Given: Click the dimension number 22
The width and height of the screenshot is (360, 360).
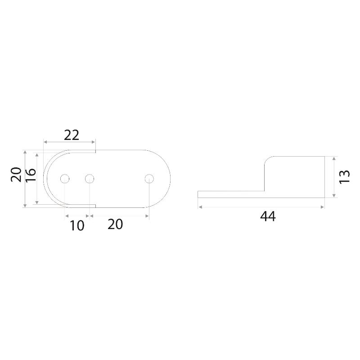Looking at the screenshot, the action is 72,135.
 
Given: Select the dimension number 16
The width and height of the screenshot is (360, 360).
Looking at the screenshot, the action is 31,175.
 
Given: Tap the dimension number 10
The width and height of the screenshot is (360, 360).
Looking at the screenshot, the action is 77,225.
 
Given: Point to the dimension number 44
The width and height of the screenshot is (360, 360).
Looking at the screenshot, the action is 268,216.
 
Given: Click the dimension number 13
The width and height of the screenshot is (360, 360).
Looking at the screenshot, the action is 344,176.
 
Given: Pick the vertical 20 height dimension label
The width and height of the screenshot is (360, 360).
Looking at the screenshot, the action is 16,175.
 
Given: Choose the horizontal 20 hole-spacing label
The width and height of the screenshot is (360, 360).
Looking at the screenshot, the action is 115,224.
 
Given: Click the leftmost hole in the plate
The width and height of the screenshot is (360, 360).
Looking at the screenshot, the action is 65,179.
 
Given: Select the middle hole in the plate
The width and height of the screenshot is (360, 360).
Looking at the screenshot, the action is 89,179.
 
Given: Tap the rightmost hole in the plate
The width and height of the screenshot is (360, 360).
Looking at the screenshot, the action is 149,179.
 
